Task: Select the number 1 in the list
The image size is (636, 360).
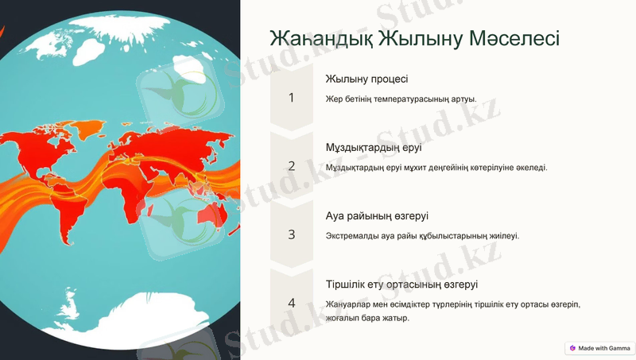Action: [x=291, y=98]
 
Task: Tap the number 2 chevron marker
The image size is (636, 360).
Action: [x=291, y=166]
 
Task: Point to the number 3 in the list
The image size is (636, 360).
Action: [x=291, y=234]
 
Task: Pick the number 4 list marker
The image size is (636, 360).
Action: [x=291, y=303]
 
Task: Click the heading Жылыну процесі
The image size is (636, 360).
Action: [x=366, y=79]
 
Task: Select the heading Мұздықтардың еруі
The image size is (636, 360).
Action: [x=374, y=148]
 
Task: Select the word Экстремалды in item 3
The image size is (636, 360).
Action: [x=355, y=236]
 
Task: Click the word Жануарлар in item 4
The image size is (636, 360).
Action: [x=350, y=304]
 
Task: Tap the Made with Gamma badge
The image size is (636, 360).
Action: [x=599, y=348]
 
